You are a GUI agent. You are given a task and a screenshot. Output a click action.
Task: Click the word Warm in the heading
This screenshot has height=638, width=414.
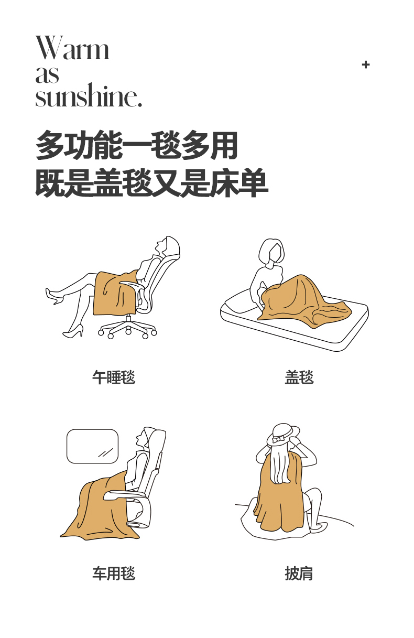[72, 48]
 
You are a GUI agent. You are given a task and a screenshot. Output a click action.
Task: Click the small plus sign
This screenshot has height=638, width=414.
[366, 64]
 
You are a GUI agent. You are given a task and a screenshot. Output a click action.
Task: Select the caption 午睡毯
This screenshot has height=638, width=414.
[114, 377]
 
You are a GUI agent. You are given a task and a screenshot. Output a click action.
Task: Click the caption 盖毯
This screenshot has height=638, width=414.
[299, 377]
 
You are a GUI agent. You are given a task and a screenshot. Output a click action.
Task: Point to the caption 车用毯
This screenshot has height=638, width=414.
[114, 574]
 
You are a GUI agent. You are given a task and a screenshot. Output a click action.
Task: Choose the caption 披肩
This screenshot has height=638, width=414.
[299, 574]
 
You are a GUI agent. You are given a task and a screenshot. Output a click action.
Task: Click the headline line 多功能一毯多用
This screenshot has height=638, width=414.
[137, 145]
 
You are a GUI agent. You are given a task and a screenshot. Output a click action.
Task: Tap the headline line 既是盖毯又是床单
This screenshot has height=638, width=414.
[151, 182]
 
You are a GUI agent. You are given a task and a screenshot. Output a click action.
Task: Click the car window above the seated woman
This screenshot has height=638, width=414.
[92, 446]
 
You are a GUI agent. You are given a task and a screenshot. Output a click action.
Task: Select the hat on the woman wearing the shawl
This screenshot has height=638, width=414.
[283, 435]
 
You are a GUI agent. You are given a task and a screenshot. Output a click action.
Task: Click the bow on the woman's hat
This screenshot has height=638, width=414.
[278, 440]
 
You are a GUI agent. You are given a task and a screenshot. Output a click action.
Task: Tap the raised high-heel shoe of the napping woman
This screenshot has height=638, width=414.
[55, 296]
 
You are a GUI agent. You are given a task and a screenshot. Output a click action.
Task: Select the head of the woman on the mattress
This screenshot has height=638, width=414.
[271, 252]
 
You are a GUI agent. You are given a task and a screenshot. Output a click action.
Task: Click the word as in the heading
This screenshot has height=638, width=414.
[47, 74]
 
